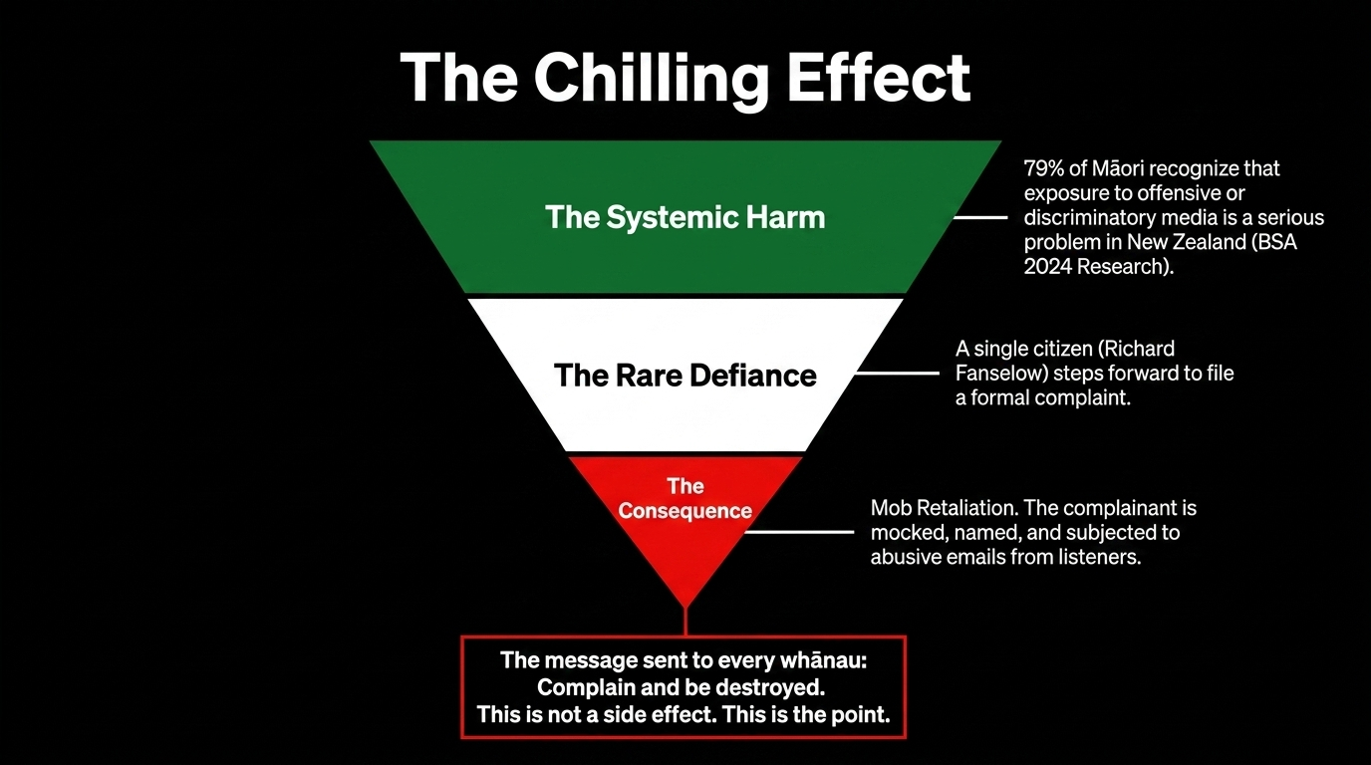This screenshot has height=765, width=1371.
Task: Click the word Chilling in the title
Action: (x=652, y=78)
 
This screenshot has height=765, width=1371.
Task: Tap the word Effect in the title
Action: (x=877, y=78)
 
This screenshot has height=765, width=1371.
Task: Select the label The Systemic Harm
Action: (x=685, y=217)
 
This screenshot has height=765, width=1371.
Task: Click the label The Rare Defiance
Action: (x=685, y=375)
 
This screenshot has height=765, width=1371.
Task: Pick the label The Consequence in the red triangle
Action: (x=685, y=498)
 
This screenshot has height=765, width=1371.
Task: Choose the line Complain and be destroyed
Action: (x=684, y=687)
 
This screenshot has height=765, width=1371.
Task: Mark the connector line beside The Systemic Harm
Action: (x=980, y=217)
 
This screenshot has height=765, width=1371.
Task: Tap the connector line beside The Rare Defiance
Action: (x=897, y=375)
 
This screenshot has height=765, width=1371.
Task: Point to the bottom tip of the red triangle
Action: (x=685, y=604)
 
